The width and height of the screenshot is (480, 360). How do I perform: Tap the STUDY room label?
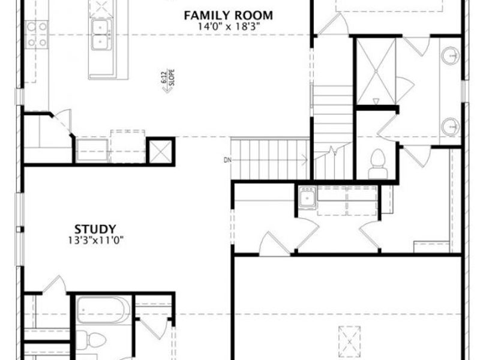pyautogui.click(x=95, y=229)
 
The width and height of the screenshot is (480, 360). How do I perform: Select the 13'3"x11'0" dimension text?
pyautogui.click(x=95, y=240)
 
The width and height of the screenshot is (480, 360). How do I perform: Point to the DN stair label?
pyautogui.click(x=226, y=160)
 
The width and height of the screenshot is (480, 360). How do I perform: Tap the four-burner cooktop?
pyautogui.click(x=36, y=34)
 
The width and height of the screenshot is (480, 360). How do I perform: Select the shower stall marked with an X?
pyautogui.click(x=376, y=71)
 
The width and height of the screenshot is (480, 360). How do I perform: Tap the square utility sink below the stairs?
pyautogui.click(x=307, y=197)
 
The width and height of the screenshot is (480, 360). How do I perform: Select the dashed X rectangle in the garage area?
pyautogui.click(x=349, y=340)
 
